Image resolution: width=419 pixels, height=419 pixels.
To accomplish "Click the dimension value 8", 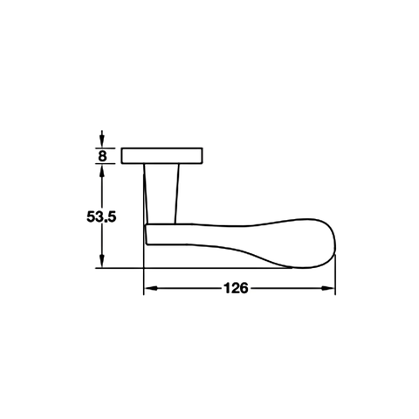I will pos(103,156).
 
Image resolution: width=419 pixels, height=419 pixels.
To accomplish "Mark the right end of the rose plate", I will pos(203,156).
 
